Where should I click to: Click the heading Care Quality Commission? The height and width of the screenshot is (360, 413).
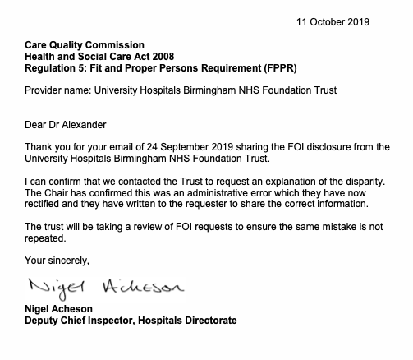tap(85, 44)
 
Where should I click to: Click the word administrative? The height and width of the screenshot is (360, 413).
tap(227, 192)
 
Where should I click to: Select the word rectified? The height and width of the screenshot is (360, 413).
tap(44, 204)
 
